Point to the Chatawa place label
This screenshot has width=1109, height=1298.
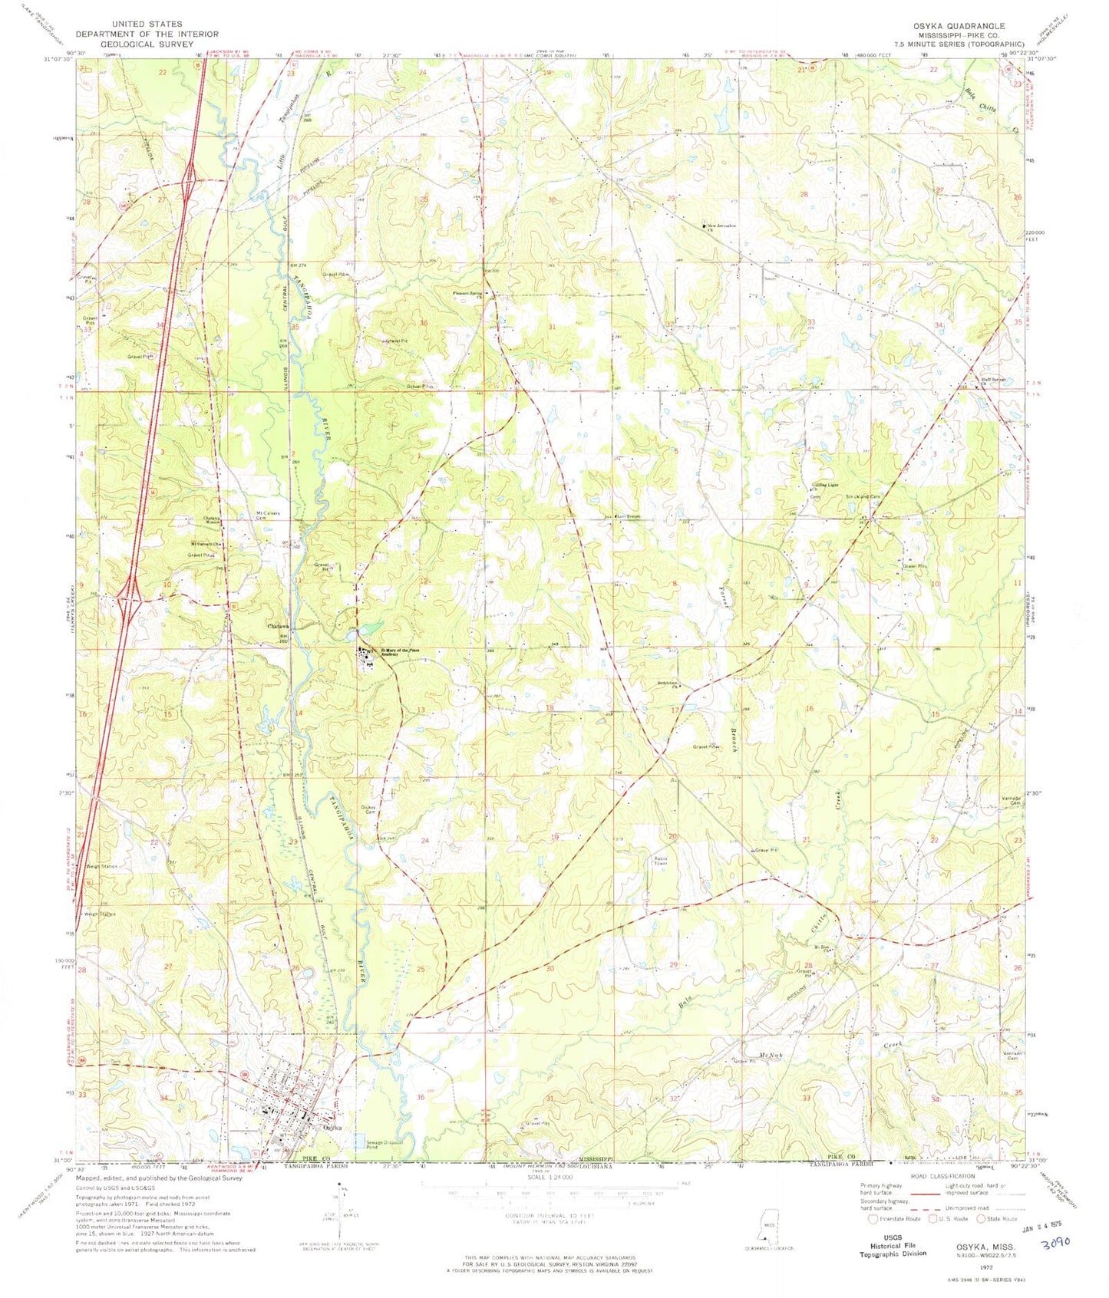[x=276, y=626]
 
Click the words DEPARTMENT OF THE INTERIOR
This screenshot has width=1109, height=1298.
[x=147, y=34]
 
